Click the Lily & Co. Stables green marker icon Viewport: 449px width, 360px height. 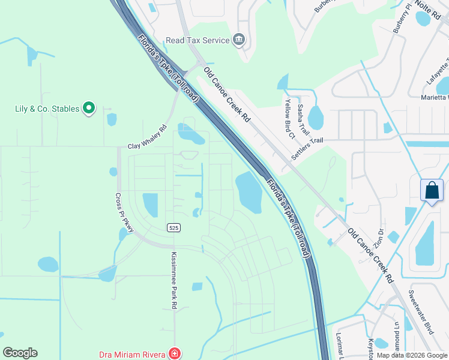click(89, 109)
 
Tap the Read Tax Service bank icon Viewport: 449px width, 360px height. click(239, 40)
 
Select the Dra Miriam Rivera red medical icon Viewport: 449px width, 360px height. click(174, 354)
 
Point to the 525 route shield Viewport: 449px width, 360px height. click(173, 227)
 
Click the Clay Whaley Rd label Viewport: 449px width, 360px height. click(147, 138)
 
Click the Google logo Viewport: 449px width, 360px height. click(20, 353)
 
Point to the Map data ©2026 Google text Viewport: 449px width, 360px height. click(411, 355)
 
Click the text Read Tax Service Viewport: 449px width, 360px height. click(198, 40)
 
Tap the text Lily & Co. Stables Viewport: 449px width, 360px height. click(47, 109)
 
